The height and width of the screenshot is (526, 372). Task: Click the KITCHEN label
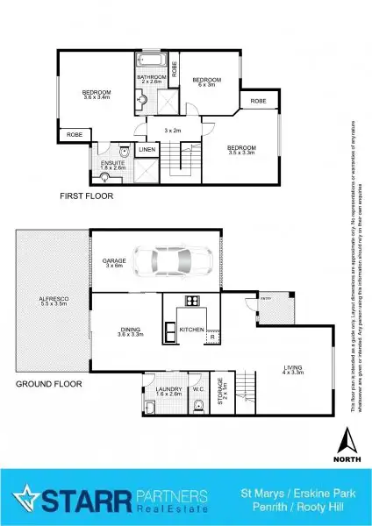click(x=191, y=330)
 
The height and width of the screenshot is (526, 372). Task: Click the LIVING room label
click(x=292, y=368)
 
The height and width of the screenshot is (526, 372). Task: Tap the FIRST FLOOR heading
click(x=86, y=196)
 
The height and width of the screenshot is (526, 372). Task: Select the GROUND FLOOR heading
click(x=49, y=384)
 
